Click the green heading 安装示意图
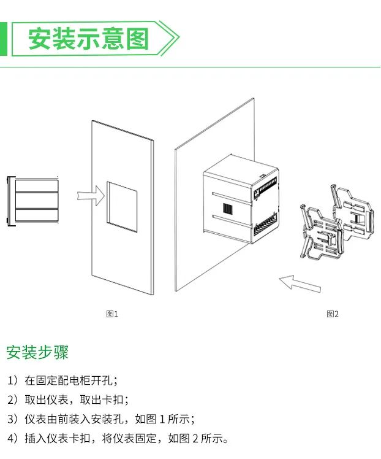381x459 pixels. [x=89, y=39]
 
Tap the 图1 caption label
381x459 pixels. [x=112, y=314]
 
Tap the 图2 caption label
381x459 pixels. [x=333, y=314]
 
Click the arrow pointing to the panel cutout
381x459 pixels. [x=91, y=195]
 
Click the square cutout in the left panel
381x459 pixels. [x=121, y=206]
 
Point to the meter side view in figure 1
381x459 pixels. [x=32, y=201]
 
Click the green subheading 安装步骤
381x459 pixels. [x=37, y=353]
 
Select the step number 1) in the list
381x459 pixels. [x=13, y=381]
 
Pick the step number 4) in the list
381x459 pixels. [x=13, y=439]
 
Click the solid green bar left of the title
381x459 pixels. [x=3, y=39]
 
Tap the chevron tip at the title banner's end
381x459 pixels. [x=178, y=39]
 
